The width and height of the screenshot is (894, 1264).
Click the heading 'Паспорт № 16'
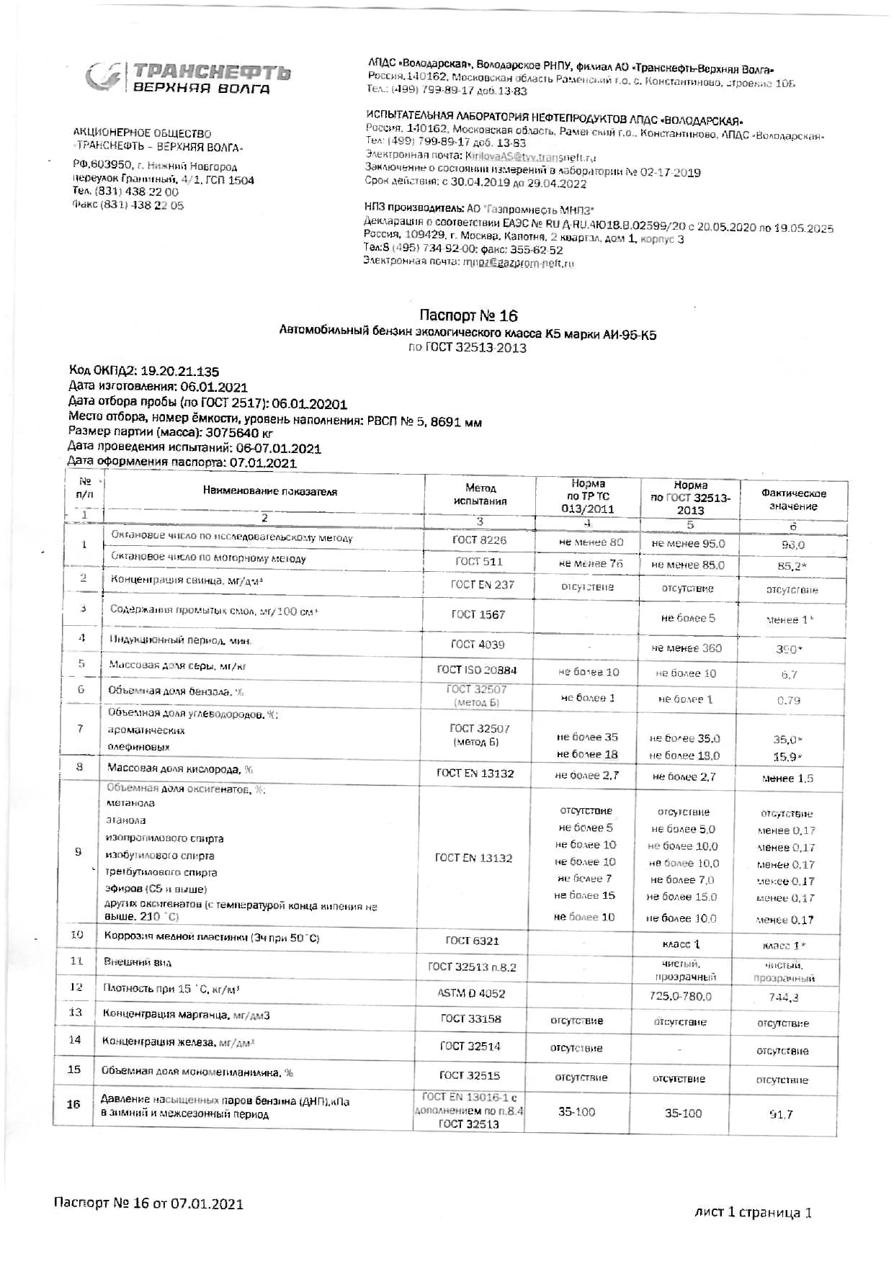pos(468,315)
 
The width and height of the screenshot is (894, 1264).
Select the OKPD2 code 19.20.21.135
pos(179,372)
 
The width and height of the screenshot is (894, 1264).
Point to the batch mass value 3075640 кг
pos(239,434)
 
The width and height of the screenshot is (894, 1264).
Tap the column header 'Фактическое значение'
pos(793,500)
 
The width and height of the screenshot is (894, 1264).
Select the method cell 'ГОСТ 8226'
pos(479,539)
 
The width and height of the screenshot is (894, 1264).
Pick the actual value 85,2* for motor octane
pos(791,566)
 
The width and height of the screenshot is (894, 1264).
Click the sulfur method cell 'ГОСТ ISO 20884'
pos(477,670)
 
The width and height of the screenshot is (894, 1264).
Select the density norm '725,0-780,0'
pos(680,996)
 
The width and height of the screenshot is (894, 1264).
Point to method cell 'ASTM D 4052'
pos(471,993)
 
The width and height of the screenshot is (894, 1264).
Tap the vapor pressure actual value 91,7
pos(781,1114)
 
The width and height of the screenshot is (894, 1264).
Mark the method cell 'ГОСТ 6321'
pos(472,941)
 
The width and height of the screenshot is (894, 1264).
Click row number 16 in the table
pos(73,1104)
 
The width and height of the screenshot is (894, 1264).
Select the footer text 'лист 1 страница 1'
pos(753,1212)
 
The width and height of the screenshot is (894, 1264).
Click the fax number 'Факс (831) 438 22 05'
pos(128,205)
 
